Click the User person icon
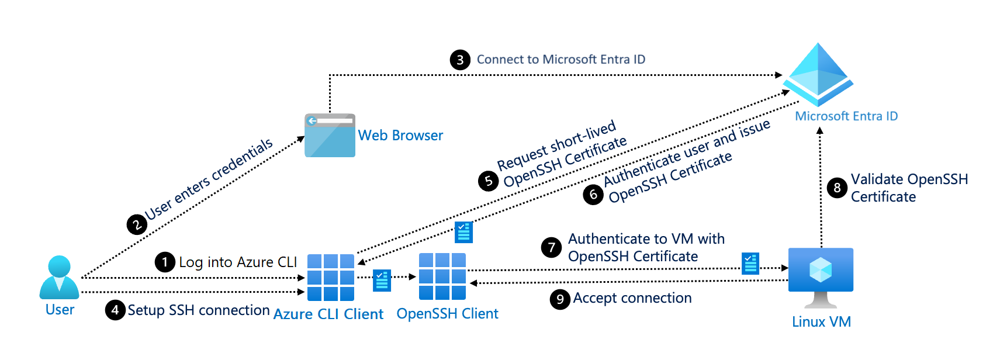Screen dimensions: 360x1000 tap(59, 277)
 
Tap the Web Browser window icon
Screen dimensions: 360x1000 tap(330, 136)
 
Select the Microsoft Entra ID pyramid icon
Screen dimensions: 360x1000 tap(818, 74)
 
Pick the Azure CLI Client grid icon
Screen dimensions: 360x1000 tap(331, 277)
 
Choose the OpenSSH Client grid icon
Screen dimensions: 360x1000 tap(442, 276)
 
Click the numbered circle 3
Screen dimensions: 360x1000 tap(460, 60)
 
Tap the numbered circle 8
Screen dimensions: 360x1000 tap(837, 188)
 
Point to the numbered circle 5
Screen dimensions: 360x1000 tap(488, 181)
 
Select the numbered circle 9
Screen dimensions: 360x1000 tap(560, 299)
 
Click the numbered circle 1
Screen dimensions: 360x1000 tap(165, 262)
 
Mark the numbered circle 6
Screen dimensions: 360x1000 tap(593, 194)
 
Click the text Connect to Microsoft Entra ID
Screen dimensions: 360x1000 tap(560, 60)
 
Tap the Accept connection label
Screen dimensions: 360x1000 tap(632, 298)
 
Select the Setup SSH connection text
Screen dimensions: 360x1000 tap(198, 310)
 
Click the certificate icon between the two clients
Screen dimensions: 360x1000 tap(382, 279)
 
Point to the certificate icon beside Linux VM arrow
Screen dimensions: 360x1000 tap(750, 264)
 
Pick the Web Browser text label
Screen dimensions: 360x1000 tap(400, 136)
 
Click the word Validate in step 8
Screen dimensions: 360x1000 tap(877, 179)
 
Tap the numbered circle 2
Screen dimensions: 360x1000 tap(137, 224)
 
